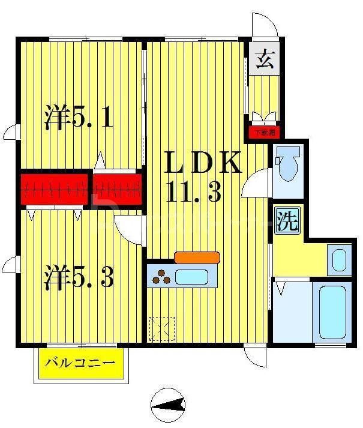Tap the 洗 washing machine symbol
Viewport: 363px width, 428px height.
click(x=287, y=222)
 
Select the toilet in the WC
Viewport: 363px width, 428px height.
click(x=286, y=163)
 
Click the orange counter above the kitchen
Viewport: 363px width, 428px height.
click(x=197, y=257)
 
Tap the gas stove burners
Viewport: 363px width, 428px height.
click(x=161, y=278)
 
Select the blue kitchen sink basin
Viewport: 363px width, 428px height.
click(x=191, y=277)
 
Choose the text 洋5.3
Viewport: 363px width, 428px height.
click(x=78, y=278)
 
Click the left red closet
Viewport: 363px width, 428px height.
click(x=55, y=188)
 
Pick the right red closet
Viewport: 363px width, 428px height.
click(x=118, y=188)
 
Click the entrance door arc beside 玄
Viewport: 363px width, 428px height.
click(x=265, y=25)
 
